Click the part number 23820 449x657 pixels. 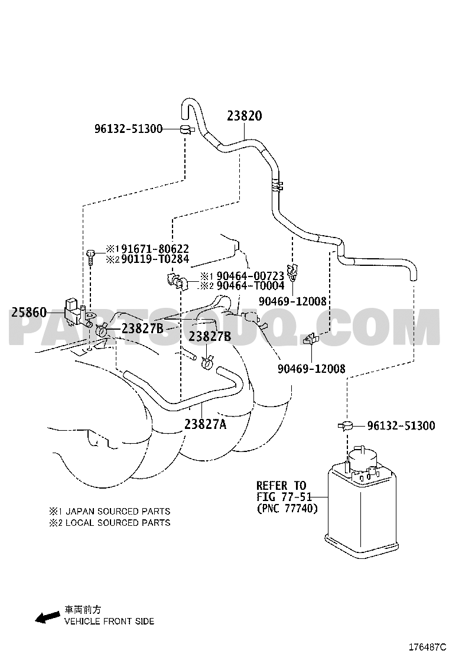[245, 116]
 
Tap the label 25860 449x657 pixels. [29, 312]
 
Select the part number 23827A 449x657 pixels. [205, 424]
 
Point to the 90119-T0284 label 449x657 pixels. [155, 259]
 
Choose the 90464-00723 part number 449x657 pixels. [250, 276]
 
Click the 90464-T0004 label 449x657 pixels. [250, 286]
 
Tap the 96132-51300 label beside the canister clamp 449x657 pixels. [401, 426]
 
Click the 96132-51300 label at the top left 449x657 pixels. [128, 129]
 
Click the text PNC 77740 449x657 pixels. [287, 509]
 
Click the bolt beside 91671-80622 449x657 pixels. [91, 256]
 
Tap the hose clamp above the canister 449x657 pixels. [346, 426]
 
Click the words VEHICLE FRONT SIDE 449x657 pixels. [109, 621]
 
